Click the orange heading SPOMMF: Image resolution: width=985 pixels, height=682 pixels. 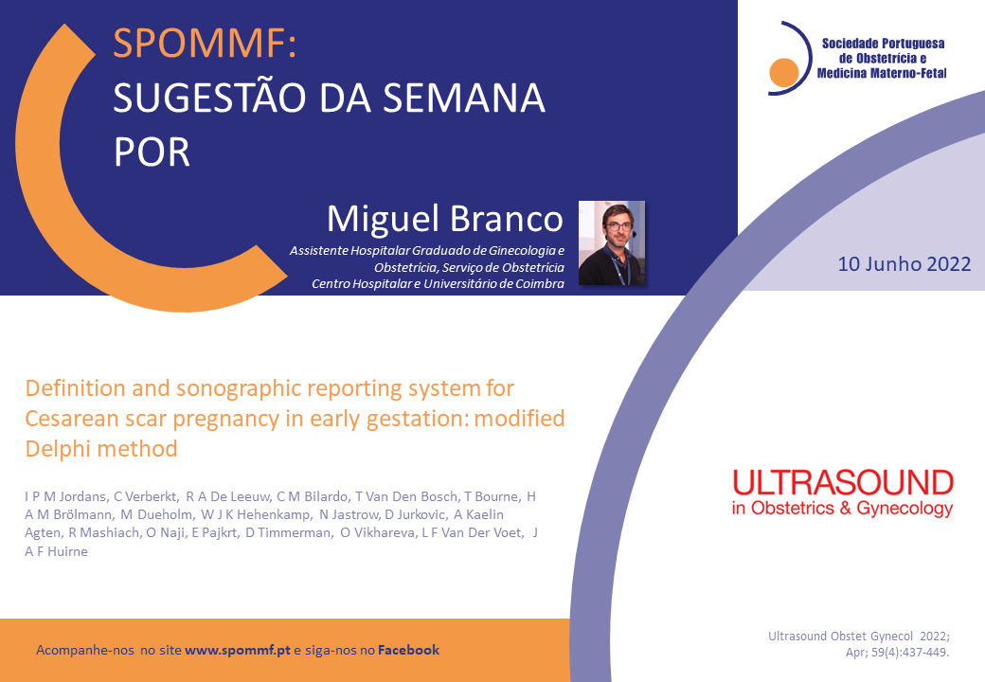205,43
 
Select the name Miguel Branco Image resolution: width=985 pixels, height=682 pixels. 445,219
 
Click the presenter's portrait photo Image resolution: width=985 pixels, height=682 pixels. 611,242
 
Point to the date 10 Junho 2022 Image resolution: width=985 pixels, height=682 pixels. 904,263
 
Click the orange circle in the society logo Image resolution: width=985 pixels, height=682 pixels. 783,72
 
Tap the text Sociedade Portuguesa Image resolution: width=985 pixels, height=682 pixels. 884,44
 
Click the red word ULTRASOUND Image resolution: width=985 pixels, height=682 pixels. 843,483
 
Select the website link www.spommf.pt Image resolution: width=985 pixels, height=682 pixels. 238,650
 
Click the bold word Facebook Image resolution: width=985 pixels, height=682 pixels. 408,650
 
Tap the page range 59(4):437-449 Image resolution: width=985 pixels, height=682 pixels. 909,653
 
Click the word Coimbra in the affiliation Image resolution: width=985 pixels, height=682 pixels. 540,284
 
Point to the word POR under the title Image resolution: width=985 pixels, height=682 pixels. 152,153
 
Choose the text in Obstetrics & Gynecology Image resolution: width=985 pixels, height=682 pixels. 842,508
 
